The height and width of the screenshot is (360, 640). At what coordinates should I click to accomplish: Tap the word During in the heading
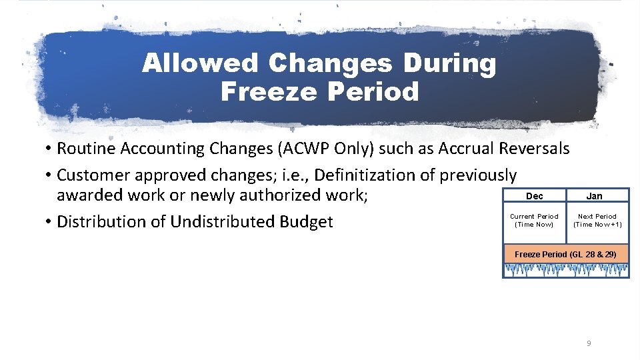coord(456,64)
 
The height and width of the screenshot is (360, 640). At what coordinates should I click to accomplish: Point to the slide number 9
coord(588,343)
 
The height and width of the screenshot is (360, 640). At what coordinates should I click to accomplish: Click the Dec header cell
coord(534,196)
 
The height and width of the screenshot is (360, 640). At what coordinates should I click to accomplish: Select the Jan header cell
coord(594,196)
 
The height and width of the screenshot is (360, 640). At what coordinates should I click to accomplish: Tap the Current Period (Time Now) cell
coord(534,220)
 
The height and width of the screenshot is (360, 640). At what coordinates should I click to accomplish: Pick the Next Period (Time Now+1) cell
coord(597,220)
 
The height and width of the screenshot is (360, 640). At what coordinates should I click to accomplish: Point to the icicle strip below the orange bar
coord(565,270)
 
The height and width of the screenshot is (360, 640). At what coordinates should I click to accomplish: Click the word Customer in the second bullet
coord(93,175)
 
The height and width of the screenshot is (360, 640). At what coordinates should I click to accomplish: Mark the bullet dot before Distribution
coord(49,221)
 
